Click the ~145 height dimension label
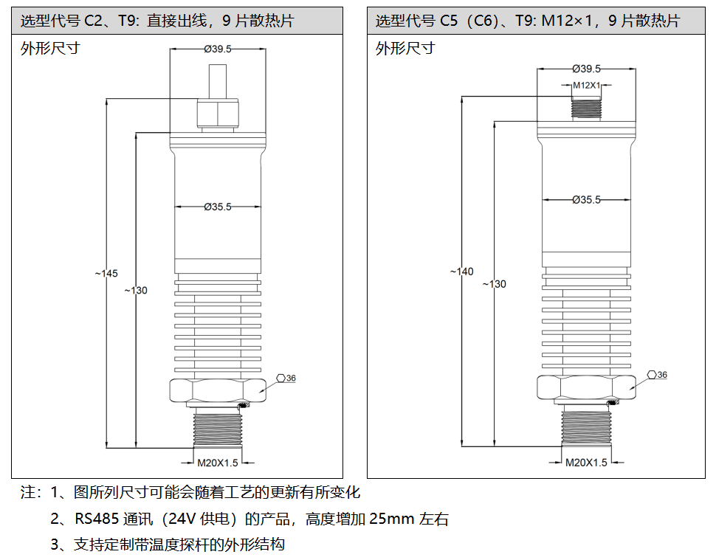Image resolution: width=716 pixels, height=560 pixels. click(x=106, y=274)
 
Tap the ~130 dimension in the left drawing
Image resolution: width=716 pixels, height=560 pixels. click(x=136, y=290)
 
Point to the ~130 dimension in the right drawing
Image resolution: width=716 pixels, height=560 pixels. click(x=495, y=284)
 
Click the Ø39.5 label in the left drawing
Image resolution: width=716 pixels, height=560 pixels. click(x=218, y=49)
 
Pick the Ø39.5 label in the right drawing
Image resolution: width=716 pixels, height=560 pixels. click(x=586, y=69)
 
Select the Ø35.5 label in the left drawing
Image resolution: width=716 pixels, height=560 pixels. click(x=218, y=207)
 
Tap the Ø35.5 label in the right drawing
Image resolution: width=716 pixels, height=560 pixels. click(x=586, y=200)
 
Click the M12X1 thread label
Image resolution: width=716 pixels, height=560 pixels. click(x=587, y=86)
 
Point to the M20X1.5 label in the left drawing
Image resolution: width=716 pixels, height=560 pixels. click(x=218, y=463)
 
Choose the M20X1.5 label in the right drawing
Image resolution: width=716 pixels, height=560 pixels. click(x=586, y=463)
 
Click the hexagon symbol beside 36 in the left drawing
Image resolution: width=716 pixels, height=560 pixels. click(x=280, y=378)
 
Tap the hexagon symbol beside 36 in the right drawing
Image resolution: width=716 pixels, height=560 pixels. click(x=653, y=375)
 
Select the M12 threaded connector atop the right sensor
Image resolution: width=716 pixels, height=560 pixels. click(x=587, y=106)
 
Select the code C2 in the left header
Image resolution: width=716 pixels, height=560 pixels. click(x=93, y=21)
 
